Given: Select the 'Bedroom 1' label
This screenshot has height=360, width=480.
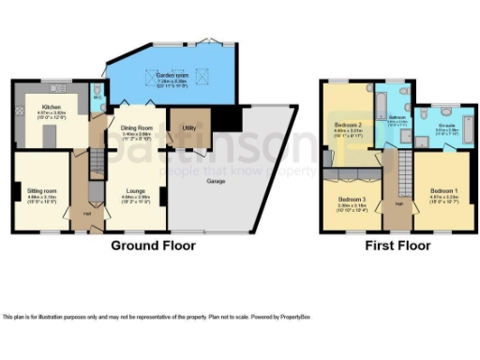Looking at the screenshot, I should point(443,189).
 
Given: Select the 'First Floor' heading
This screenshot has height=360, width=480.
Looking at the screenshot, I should point(399,246).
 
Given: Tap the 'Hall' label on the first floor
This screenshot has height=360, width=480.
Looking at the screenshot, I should point(397,202).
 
